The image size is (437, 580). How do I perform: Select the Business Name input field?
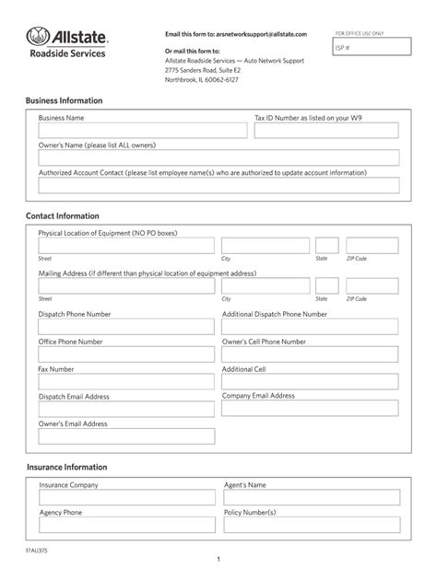point(142,132)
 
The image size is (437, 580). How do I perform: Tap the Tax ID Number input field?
point(325,132)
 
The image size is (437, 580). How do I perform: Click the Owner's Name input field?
point(218,158)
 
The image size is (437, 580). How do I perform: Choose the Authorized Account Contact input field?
point(218,185)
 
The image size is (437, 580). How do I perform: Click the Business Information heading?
point(64,100)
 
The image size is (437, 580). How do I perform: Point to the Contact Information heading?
point(62,215)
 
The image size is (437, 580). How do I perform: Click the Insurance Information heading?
point(66,467)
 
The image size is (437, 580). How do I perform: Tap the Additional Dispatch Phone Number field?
point(310,327)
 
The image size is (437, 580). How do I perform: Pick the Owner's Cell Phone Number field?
point(310,354)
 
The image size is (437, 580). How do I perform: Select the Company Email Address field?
point(310,408)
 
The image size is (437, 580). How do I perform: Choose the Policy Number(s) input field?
point(310,525)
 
